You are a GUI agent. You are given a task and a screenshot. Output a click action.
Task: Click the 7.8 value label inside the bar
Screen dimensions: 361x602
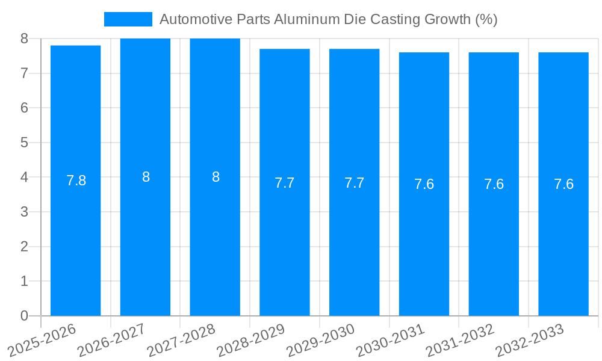[76, 180]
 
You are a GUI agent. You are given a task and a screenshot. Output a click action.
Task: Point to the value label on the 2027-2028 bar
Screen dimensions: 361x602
[216, 177]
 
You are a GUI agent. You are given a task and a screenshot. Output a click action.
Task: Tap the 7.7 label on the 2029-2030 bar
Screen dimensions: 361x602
[354, 183]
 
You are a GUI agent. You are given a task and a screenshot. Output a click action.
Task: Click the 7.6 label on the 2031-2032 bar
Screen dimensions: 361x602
[494, 185]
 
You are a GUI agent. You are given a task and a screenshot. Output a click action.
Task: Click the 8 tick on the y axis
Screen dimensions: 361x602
[24, 39]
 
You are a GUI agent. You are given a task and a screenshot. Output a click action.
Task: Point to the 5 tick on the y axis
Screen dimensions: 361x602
[24, 143]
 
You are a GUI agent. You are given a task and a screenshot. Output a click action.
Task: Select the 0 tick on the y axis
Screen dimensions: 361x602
[24, 316]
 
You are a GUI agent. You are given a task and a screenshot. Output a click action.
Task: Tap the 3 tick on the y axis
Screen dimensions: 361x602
[24, 212]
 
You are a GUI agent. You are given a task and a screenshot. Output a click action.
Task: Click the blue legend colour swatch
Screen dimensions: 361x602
[128, 19]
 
